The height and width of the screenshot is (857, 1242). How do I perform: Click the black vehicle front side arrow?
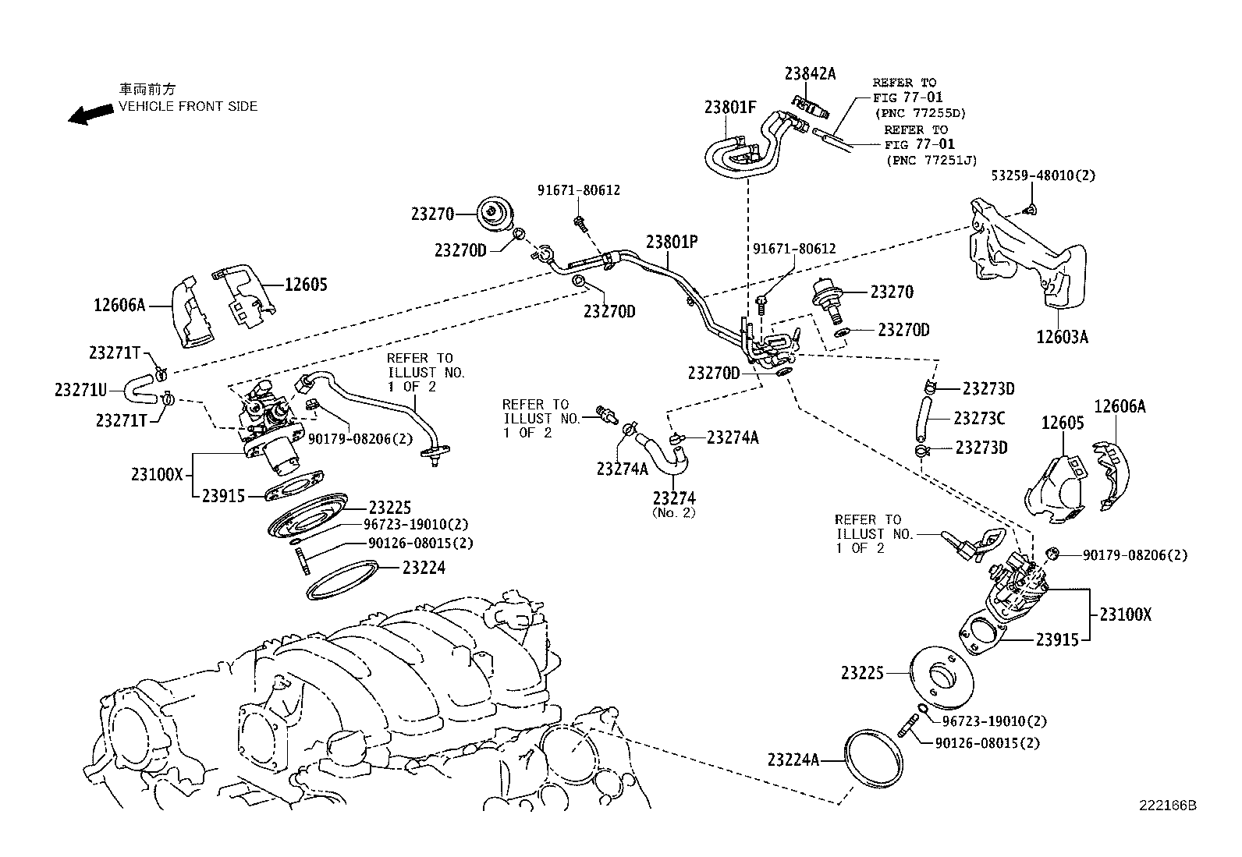pyautogui.click(x=89, y=115)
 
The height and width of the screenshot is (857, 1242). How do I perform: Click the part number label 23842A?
pyautogui.click(x=810, y=74)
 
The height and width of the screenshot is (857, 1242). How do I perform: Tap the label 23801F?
pyautogui.click(x=730, y=108)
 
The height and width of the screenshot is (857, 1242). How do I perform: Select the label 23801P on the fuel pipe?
pyautogui.click(x=671, y=242)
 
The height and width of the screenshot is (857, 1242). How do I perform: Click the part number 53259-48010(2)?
pyautogui.click(x=1043, y=175)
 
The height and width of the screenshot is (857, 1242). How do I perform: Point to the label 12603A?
pyautogui.click(x=1062, y=337)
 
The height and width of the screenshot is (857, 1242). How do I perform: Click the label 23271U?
pyautogui.click(x=80, y=388)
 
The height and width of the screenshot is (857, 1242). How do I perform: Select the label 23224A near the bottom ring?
pyautogui.click(x=793, y=759)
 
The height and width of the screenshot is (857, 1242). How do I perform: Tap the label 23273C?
pyautogui.click(x=979, y=419)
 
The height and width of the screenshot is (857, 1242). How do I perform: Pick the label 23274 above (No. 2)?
pyautogui.click(x=674, y=498)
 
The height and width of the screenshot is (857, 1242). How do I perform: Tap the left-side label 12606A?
pyautogui.click(x=119, y=305)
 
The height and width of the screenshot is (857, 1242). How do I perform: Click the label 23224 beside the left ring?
pyautogui.click(x=424, y=568)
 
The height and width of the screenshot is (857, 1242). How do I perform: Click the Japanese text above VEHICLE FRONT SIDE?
pyautogui.click(x=147, y=90)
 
